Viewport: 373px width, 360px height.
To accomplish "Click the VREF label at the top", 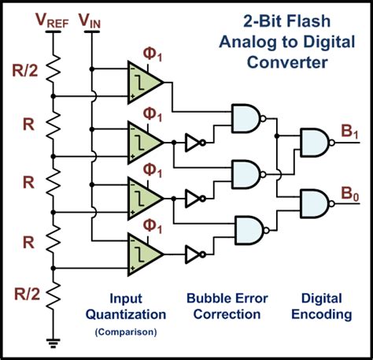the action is tap(52, 20).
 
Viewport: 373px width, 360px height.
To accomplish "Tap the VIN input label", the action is tap(90, 20).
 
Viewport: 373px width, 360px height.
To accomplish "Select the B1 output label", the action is tap(349, 132).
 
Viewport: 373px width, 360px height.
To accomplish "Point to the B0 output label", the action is tap(350, 195).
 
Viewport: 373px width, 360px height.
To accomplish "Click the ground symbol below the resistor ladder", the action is tap(54, 343).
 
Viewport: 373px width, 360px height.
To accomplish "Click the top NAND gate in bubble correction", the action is tap(248, 119).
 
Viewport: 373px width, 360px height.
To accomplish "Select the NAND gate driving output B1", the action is tap(317, 143).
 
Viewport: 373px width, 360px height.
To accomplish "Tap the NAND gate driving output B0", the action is tap(317, 203).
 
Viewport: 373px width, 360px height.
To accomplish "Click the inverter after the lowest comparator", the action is tap(195, 254).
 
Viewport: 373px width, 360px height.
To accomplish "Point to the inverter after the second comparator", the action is tap(195, 143).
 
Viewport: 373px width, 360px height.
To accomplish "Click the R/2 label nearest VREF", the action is tap(25, 70).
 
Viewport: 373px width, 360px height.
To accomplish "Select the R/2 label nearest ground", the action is tap(27, 294).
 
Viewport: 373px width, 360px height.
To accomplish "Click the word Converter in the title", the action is tap(287, 62).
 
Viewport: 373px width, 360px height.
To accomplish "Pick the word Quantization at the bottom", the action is tap(126, 314).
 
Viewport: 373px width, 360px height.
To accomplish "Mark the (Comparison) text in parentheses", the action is tap(126, 332).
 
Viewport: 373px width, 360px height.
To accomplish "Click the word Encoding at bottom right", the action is tap(322, 314).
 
